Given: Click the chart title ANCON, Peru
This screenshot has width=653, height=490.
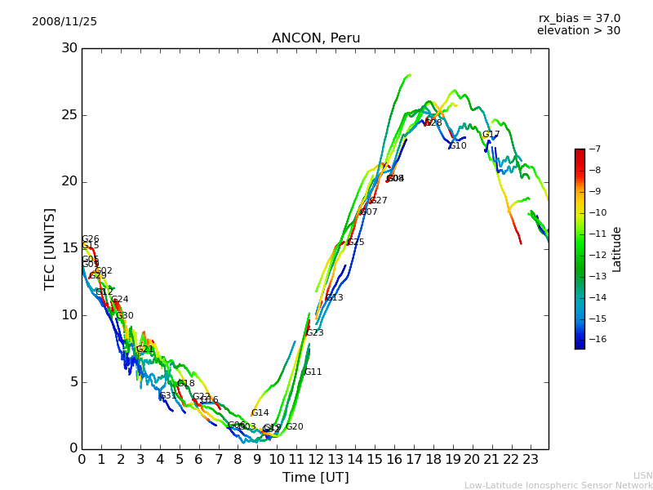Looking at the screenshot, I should coord(315,38).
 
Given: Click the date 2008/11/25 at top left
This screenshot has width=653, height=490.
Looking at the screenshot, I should coord(64,21).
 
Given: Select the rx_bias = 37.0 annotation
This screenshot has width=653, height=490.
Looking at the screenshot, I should coord(579,18).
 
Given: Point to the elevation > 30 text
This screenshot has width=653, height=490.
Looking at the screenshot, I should coord(578,31).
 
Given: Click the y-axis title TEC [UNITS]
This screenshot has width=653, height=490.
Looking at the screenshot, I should coord(50,248).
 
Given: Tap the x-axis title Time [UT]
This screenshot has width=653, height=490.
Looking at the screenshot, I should coord(315,477).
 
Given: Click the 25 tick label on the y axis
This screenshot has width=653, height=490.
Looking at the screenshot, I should coord(70,115).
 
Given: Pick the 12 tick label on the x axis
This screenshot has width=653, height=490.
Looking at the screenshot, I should coord(316,459).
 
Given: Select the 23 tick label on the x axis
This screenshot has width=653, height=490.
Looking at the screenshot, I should coord(531,459).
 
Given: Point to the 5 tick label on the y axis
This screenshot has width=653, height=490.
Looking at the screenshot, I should coord(73,381).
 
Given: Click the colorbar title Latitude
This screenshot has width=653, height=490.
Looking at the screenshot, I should coord(617,249).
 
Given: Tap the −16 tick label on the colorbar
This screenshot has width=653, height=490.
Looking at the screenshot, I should coord(595,339).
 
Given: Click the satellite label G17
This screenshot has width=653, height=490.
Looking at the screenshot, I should coord(491,135).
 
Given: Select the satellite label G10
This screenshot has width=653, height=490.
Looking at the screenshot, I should coord(458,146).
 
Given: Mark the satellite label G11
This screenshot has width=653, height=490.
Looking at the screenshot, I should coord(313,372).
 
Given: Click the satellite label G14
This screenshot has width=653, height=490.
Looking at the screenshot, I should coord(260,413).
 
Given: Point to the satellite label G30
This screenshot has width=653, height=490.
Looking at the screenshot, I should coord(124,316).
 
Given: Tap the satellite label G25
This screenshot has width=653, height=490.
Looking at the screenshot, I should coord(355,243).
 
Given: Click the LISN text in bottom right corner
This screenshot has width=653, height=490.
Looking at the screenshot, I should coord(642,475).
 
